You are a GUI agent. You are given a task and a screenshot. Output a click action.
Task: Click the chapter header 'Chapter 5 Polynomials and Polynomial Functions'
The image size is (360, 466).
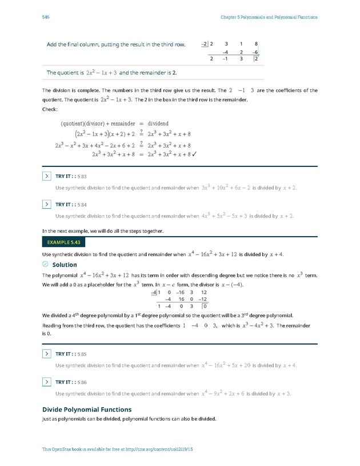(269, 17)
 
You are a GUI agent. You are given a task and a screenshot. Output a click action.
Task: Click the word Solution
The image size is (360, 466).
(64, 265)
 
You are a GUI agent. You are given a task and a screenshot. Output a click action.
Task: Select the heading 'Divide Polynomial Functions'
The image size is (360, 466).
(87, 409)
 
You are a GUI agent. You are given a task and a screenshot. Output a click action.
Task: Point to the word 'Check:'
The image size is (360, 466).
(50, 110)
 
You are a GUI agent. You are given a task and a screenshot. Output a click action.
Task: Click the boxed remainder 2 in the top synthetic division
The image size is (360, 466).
(257, 58)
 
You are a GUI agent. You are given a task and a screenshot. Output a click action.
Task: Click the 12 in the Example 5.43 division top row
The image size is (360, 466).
(204, 291)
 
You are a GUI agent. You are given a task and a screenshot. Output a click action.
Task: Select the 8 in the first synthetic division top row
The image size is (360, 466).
(256, 43)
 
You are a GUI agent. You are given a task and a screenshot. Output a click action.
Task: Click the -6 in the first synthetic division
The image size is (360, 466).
(255, 51)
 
